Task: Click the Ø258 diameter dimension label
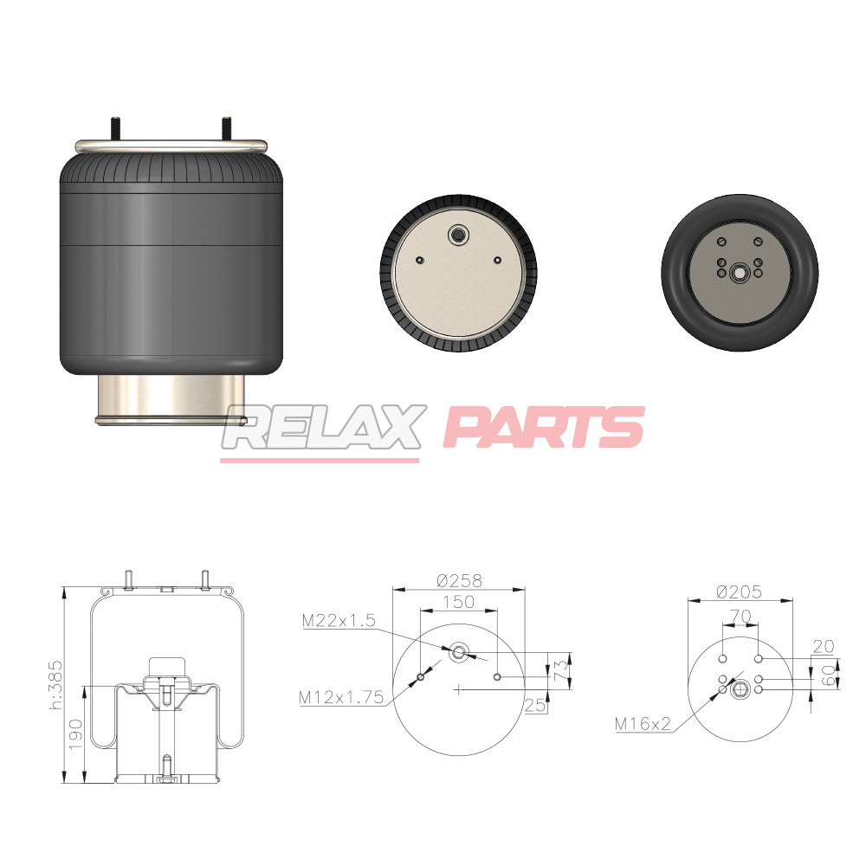(459, 580)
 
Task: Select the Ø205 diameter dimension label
(739, 592)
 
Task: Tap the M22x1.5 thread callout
(339, 621)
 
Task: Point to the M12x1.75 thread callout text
(340, 697)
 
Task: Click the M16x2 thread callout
(643, 723)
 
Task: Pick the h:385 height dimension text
(56, 685)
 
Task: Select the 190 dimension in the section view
(75, 734)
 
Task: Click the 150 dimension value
(458, 602)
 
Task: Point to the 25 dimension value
(535, 705)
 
